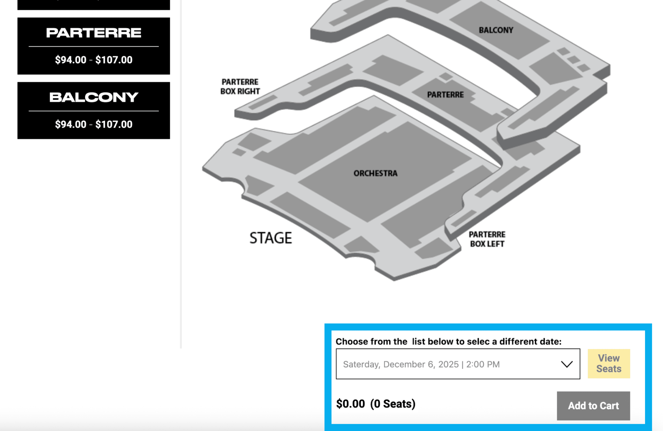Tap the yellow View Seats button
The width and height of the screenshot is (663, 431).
click(609, 364)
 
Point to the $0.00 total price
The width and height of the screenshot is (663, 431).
click(350, 404)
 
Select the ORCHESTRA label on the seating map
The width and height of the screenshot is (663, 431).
click(375, 173)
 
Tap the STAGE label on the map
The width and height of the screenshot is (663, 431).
click(270, 238)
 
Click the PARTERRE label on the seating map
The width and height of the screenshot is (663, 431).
click(445, 95)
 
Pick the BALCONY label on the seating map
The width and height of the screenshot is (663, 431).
click(496, 30)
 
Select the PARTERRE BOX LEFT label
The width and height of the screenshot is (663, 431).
click(487, 239)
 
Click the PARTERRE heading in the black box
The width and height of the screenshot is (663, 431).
click(94, 33)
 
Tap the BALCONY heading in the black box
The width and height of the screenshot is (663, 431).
click(94, 97)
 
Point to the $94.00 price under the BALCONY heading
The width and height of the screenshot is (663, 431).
click(71, 124)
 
